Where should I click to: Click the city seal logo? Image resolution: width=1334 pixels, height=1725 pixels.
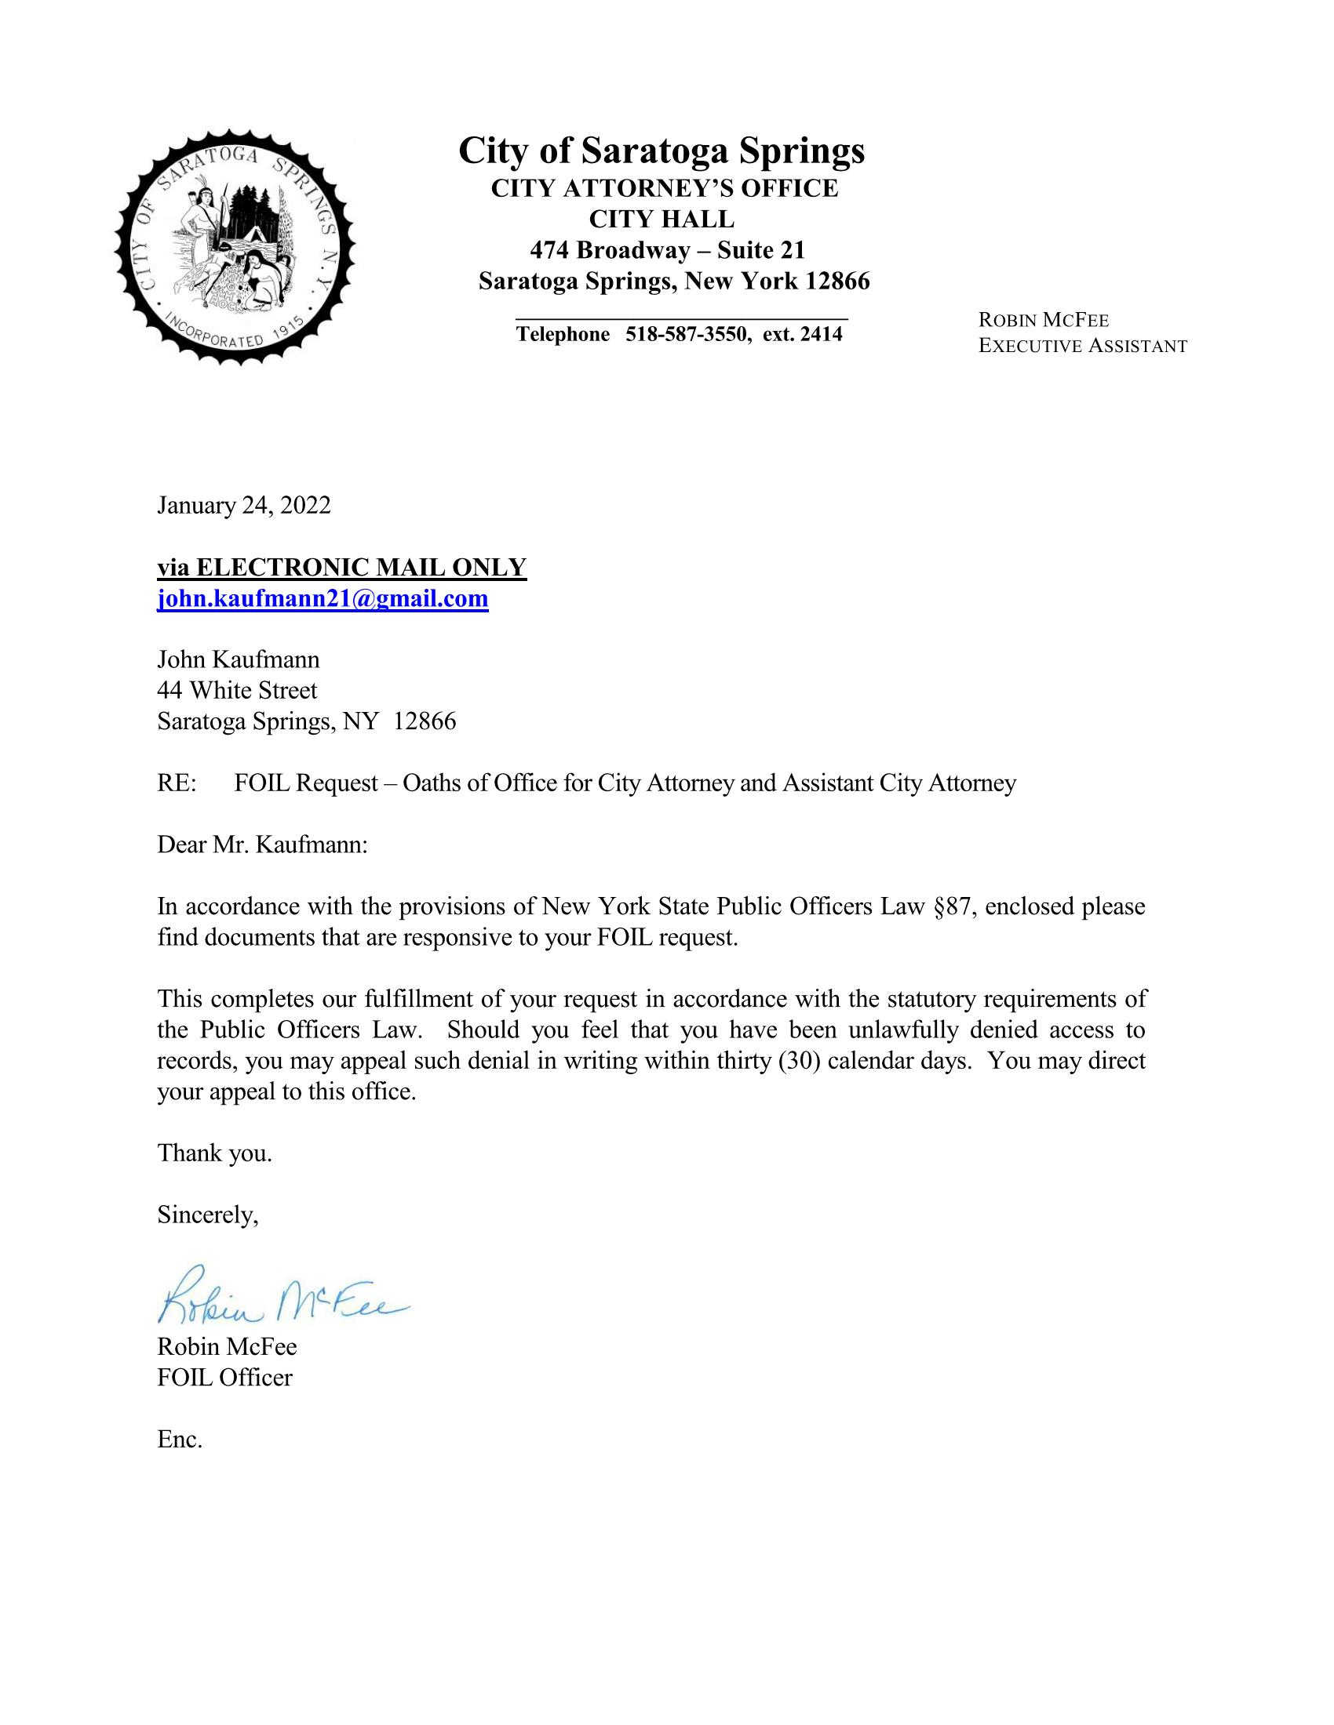click(x=235, y=246)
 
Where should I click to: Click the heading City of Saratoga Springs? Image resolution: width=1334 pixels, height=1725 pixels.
click(x=662, y=150)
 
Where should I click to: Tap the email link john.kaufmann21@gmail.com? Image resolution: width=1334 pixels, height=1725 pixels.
click(x=323, y=599)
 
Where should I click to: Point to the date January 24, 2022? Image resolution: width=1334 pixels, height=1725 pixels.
click(x=243, y=506)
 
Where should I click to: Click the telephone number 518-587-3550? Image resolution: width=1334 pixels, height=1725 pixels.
click(x=686, y=335)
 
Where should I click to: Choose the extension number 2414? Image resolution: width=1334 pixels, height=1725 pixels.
click(x=821, y=335)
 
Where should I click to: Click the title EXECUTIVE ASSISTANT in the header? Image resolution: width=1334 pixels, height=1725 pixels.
click(x=1082, y=346)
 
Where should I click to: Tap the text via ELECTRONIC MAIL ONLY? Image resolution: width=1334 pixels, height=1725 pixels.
click(x=341, y=568)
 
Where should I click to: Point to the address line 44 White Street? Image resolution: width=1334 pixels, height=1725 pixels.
click(x=237, y=690)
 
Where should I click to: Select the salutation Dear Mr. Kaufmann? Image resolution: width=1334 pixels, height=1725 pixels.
click(x=262, y=845)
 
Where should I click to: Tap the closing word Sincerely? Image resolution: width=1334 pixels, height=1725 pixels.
click(x=208, y=1215)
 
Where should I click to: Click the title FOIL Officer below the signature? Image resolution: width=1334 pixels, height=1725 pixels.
click(x=224, y=1378)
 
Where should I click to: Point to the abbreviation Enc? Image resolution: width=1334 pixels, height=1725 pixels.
click(x=180, y=1439)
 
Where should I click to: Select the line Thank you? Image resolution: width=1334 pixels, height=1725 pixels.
click(x=215, y=1153)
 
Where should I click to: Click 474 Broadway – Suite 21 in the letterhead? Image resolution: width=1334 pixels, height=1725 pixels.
click(x=667, y=250)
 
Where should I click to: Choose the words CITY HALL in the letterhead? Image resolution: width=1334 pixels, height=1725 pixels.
click(x=662, y=219)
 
